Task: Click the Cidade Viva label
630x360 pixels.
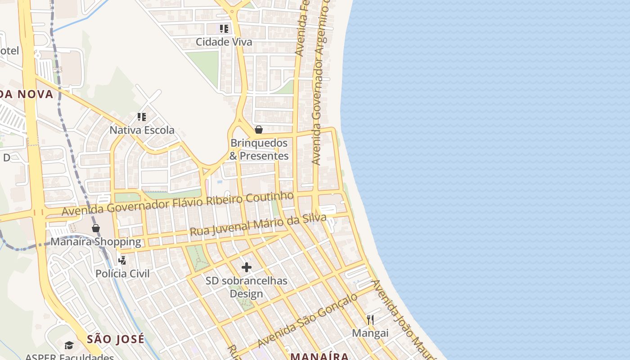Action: tap(224, 42)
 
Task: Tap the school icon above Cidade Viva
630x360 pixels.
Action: tap(224, 29)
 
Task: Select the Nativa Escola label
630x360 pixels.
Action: tap(142, 130)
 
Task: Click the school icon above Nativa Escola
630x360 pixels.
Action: tap(142, 117)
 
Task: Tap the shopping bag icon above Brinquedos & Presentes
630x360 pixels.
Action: tap(259, 130)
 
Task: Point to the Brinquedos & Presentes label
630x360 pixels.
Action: tap(259, 149)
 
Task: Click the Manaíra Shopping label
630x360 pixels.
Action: tap(95, 242)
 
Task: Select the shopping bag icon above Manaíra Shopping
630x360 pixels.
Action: tap(95, 228)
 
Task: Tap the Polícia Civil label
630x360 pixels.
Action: tap(122, 274)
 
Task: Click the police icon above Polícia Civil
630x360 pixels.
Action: tap(122, 260)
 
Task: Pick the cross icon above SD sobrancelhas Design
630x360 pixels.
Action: tap(246, 267)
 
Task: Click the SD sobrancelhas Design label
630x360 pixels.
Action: tap(246, 288)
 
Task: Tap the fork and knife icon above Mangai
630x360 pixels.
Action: tap(370, 320)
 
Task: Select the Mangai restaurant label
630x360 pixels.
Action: tap(370, 333)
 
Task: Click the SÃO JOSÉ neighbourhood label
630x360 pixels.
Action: tap(116, 339)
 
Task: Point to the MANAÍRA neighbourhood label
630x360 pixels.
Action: tap(319, 356)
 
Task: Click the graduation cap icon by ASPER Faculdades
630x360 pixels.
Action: tap(69, 345)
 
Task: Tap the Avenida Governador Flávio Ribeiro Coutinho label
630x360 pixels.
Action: tap(177, 204)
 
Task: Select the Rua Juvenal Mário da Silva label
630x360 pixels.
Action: tap(258, 225)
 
